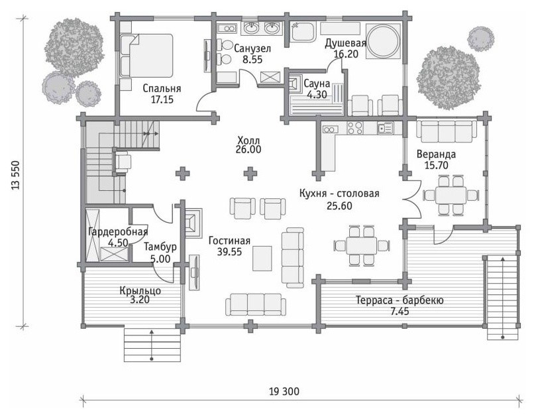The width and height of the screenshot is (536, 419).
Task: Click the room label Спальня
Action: click(162, 89)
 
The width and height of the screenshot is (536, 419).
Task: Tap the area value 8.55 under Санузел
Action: click(252, 60)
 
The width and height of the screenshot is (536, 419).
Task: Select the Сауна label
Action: click(317, 84)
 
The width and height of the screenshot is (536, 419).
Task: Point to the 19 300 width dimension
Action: click(284, 391)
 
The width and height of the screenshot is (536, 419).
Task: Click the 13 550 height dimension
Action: click(16, 174)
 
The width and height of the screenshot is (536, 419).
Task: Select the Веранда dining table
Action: click(451, 195)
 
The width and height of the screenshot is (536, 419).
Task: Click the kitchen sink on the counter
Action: click(386, 128)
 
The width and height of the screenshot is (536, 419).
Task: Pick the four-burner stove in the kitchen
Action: click(355, 128)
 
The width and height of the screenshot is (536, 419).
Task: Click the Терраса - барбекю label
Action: click(400, 300)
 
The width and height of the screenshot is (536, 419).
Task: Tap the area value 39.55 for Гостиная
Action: click(229, 252)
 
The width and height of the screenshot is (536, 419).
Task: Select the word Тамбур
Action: click(160, 247)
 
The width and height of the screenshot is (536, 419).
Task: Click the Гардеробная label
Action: click(118, 232)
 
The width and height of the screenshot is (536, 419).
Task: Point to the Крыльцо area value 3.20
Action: click(140, 300)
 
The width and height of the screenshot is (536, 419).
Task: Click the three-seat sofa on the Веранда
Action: click(447, 131)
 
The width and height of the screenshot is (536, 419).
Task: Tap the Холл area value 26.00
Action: click(248, 149)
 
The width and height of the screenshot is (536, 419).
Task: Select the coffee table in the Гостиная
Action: click(262, 259)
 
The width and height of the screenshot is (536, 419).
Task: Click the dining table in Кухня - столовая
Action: click(361, 245)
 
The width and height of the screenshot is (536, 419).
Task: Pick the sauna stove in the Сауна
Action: click(295, 83)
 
